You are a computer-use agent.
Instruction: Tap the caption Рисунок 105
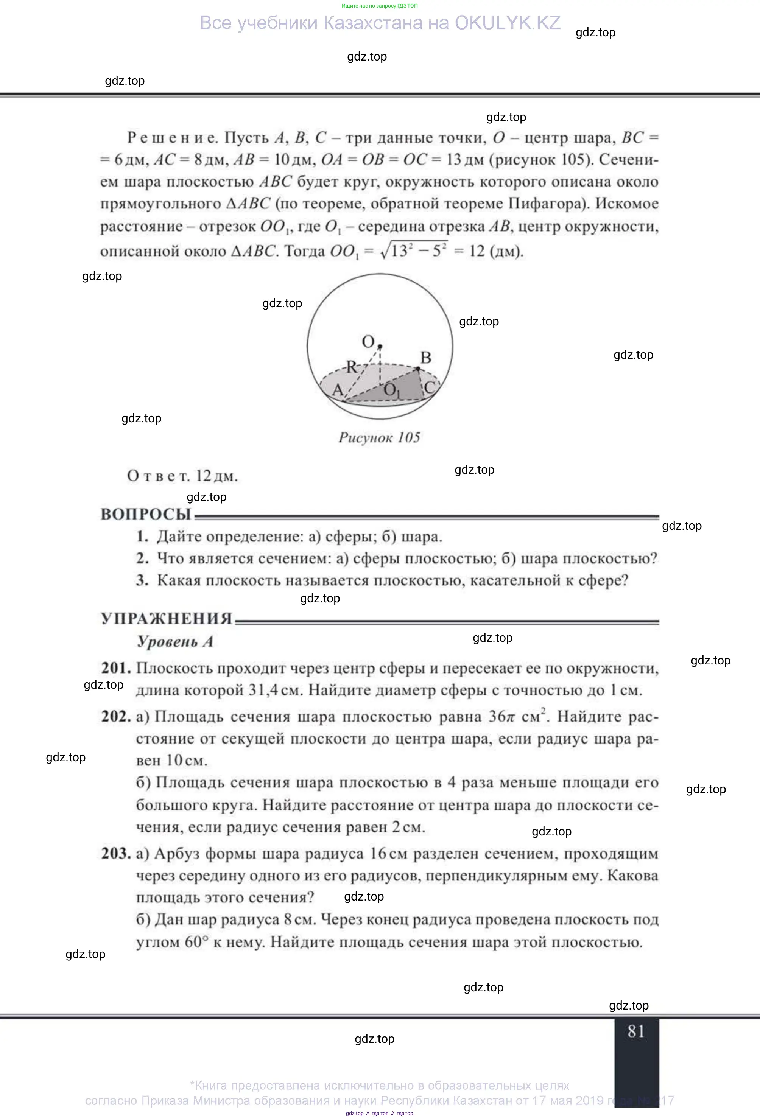[379, 437]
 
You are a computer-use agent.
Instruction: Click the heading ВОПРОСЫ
[146, 514]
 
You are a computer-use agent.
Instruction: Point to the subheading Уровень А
[175, 641]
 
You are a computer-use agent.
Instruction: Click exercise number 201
[116, 668]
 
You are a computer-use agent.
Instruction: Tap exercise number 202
[116, 716]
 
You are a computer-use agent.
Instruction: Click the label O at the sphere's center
[368, 342]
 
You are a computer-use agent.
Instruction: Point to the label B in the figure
[425, 358]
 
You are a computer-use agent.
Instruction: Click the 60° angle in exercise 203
[196, 942]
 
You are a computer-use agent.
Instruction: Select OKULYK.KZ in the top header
[508, 23]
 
